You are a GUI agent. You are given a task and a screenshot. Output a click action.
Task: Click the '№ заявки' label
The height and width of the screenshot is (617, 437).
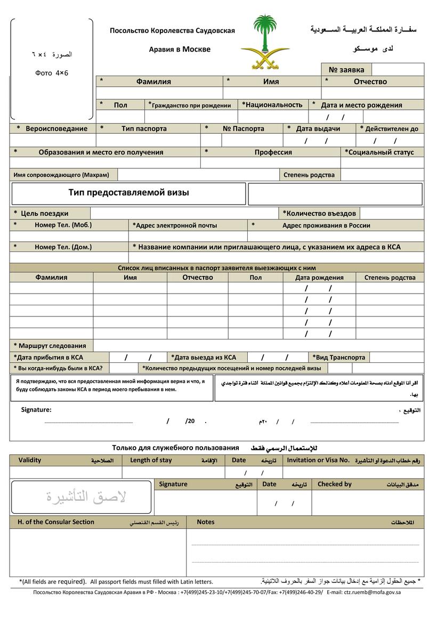coord(346,70)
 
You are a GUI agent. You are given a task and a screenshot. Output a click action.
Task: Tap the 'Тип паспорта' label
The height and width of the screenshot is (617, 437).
coord(144,128)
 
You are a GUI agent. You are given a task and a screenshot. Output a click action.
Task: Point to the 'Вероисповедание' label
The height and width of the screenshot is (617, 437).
coord(56,128)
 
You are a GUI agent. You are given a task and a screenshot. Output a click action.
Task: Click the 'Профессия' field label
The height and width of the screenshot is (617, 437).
coord(273,152)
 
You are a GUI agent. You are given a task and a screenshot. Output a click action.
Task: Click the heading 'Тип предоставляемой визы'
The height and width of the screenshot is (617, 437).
coord(128,193)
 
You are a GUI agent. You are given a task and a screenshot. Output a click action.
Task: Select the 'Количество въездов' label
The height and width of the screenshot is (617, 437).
coord(320,214)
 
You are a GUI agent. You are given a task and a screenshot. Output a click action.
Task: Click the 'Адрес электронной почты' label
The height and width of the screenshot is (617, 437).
coord(176,225)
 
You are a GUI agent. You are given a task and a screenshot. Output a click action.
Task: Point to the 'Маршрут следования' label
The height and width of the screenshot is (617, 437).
coord(52,346)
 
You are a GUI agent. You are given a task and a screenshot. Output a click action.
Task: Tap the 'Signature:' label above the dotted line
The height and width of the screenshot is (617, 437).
coord(36,410)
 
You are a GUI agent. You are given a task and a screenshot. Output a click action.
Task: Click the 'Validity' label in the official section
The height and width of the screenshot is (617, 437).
coord(30,460)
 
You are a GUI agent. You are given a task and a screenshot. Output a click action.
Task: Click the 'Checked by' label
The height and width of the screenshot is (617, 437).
coord(335,484)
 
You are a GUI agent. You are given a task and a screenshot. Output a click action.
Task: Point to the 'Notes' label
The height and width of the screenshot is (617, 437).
coord(206,522)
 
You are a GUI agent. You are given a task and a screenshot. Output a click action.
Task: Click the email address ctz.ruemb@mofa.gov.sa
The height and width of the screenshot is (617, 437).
coord(372,592)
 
